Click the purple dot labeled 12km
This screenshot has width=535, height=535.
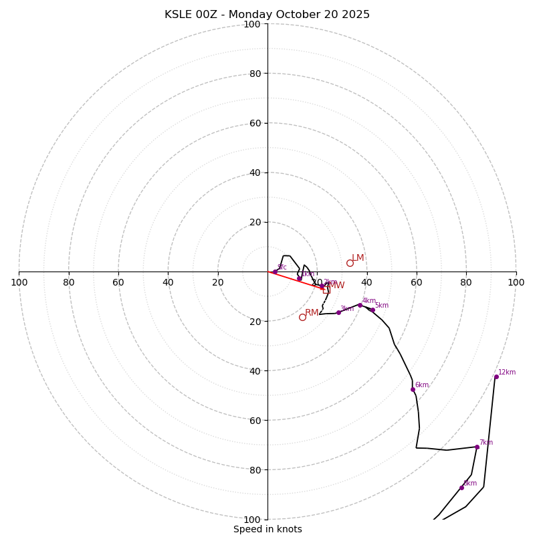click(496, 377)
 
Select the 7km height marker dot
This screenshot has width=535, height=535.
click(477, 447)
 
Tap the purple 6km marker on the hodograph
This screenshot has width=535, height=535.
click(413, 389)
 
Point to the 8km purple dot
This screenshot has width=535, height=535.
click(461, 488)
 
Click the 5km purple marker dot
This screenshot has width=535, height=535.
click(372, 310)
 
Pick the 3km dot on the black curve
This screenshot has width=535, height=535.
click(338, 312)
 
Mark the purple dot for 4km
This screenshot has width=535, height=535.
click(360, 305)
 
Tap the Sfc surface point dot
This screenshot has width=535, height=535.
click(275, 272)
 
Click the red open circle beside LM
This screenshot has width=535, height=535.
click(350, 263)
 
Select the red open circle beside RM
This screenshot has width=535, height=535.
click(302, 317)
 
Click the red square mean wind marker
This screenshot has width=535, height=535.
click(326, 290)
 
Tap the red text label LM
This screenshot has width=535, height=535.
click(358, 258)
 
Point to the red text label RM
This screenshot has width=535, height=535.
click(312, 313)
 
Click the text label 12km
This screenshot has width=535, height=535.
click(507, 372)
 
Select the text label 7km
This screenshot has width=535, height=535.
click(486, 443)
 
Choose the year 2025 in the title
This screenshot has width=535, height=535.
click(356, 15)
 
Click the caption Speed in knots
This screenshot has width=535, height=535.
click(267, 529)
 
